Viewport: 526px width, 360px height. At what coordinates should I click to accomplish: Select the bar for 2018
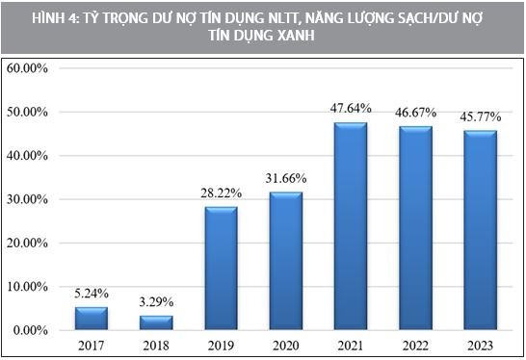(156, 322)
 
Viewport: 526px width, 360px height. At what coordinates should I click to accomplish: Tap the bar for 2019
(221, 269)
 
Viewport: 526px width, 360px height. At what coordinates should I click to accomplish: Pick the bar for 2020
(286, 261)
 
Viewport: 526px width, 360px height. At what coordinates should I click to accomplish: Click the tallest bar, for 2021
(351, 226)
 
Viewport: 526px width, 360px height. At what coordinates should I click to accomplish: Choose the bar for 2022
(415, 228)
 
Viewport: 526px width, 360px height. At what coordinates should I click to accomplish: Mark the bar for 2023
(480, 230)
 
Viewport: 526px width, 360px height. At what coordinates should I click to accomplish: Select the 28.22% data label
(221, 193)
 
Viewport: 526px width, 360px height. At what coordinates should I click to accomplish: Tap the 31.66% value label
(286, 179)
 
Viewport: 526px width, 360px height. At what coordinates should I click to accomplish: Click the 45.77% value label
(480, 117)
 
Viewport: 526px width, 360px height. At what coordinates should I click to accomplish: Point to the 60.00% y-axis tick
(28, 68)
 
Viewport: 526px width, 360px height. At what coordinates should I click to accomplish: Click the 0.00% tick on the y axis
(30, 330)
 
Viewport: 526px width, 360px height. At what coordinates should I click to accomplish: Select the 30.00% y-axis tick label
(28, 199)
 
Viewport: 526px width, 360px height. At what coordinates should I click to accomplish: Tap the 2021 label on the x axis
(351, 344)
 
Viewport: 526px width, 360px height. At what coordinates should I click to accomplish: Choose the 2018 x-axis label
(156, 344)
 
